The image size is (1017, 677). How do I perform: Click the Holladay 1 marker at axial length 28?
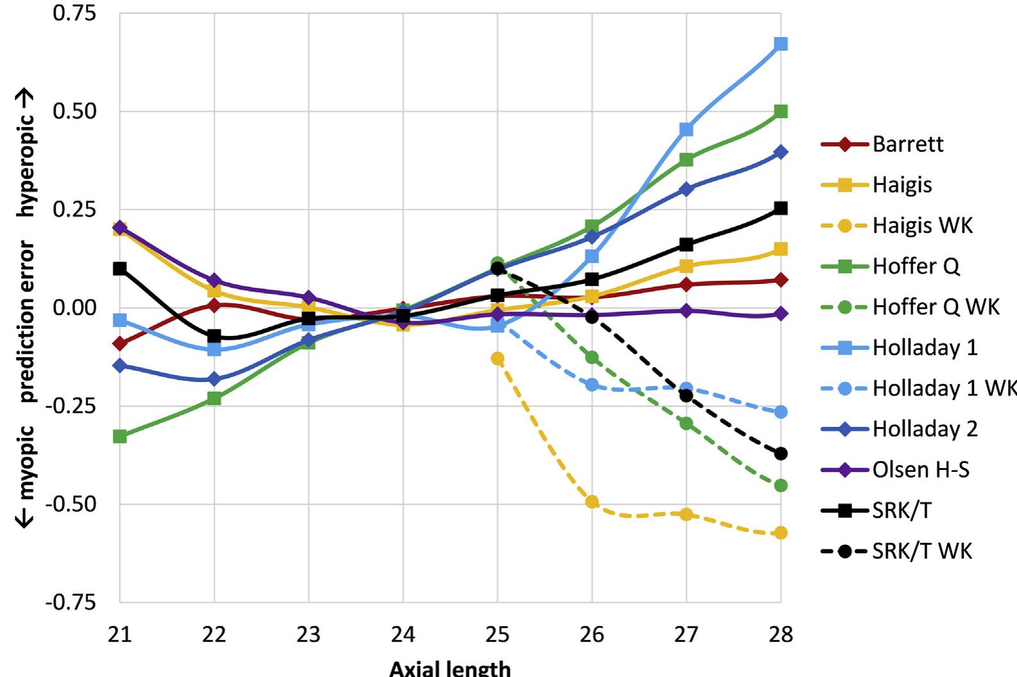(x=780, y=44)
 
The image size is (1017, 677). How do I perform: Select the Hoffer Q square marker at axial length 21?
(x=119, y=437)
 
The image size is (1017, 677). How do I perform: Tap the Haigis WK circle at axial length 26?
(x=592, y=501)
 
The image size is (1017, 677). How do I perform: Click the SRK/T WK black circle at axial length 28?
(x=780, y=454)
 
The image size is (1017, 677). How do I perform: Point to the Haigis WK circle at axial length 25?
(x=498, y=358)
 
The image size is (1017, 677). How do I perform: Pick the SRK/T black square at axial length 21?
(x=119, y=269)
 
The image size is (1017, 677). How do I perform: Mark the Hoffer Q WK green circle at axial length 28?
(x=780, y=485)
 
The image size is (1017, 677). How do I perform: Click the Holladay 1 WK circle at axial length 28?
(x=780, y=412)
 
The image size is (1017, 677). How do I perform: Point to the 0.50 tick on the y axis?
(x=74, y=111)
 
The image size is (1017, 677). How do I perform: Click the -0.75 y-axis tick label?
(x=71, y=603)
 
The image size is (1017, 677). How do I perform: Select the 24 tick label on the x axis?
(x=403, y=635)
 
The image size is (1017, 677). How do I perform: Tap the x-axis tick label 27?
(x=686, y=635)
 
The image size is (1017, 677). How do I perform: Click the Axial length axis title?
(x=450, y=668)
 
